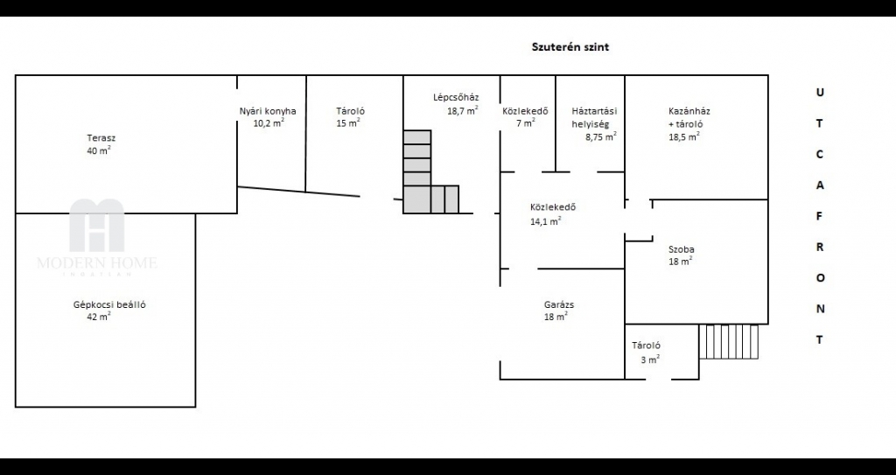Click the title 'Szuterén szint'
[570, 47]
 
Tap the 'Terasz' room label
[101, 137]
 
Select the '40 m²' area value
[99, 150]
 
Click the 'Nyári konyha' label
[268, 111]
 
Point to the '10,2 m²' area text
[269, 122]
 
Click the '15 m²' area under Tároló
[348, 122]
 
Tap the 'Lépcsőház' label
[455, 97]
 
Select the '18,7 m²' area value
[462, 110]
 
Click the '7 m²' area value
[526, 122]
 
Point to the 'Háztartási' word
[594, 111]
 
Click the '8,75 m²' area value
[600, 136]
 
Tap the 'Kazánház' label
[689, 111]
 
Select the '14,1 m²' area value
[545, 221]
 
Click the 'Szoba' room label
[682, 250]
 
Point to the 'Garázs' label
[559, 304]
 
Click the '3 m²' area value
[650, 360]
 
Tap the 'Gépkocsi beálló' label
[109, 304]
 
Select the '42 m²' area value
[99, 316]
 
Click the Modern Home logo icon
[96, 225]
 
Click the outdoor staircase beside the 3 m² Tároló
[729, 342]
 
